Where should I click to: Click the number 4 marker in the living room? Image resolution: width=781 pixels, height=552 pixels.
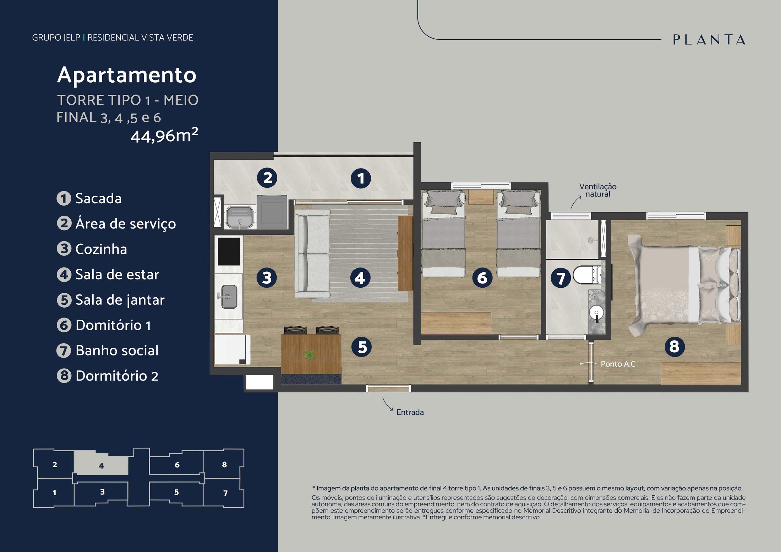tap(360, 278)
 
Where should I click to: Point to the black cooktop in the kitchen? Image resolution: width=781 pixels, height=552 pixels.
tap(229, 252)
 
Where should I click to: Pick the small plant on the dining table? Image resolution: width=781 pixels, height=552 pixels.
tap(309, 354)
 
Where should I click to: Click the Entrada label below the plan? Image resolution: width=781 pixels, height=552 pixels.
tap(410, 412)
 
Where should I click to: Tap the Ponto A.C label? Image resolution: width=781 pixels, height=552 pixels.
tap(618, 364)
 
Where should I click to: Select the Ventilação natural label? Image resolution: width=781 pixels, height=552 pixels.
tap(598, 190)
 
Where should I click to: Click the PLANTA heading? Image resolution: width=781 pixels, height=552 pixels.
tap(709, 40)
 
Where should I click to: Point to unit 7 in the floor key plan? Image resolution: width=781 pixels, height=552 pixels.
tap(225, 493)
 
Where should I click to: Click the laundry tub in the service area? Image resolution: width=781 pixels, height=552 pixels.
tap(240, 217)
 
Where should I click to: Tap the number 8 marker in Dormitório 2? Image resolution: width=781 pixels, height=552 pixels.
tap(674, 346)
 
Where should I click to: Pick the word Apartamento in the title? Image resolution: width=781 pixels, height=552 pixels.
tap(127, 75)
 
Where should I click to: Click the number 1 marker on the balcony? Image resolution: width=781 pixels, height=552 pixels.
tap(361, 178)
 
